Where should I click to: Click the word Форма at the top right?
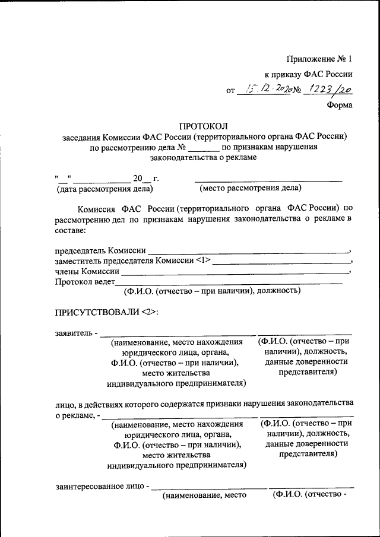coord(340,105)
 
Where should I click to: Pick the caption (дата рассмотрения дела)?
coord(104,189)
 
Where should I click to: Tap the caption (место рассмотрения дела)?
coord(251,189)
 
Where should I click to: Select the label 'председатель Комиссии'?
coord(100,252)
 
